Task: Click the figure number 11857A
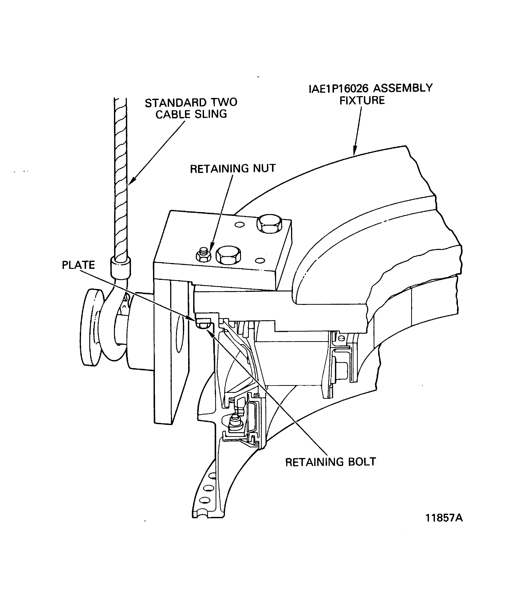point(444,518)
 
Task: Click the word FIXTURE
point(362,101)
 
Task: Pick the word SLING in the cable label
point(210,114)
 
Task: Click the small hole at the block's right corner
point(261,261)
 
